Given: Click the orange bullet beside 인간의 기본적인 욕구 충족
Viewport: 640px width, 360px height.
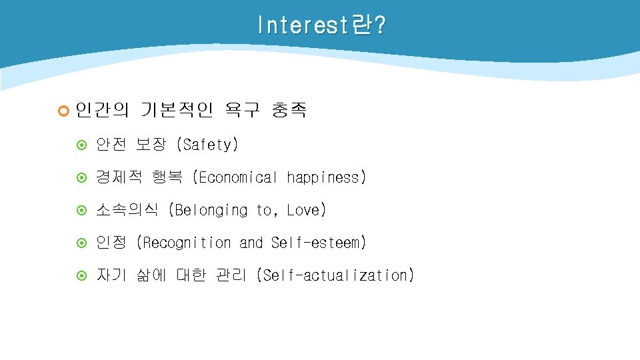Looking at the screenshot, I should point(64,110).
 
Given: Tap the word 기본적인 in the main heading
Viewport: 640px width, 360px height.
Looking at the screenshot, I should point(176,109).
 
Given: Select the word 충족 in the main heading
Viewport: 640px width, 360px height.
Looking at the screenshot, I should point(289,109).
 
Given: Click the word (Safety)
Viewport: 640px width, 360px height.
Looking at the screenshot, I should point(207,144).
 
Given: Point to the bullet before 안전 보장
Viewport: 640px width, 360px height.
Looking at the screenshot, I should point(83,145).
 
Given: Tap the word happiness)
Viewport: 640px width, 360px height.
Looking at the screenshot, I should point(327,177).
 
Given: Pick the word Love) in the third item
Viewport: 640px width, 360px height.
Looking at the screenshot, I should point(307,210).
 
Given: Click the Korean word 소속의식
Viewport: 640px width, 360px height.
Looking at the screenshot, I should point(127,210).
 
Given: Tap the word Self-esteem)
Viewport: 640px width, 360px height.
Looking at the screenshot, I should point(319,243).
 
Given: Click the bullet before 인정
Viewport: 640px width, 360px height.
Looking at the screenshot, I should point(83,243).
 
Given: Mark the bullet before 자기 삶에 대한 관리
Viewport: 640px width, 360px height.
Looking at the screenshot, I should point(83,275).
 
